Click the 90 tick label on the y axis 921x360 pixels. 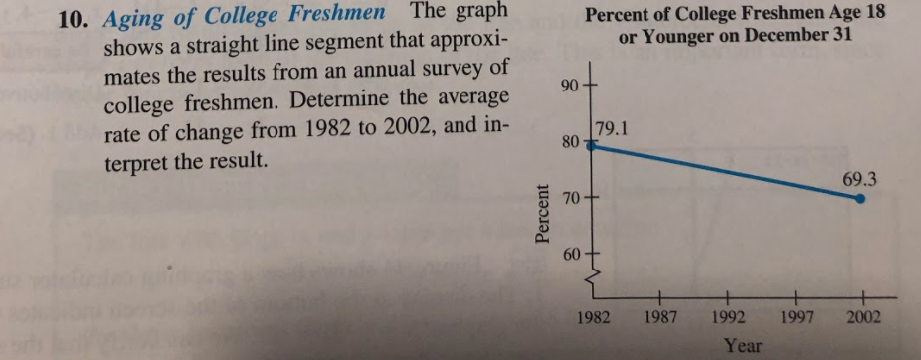[x=570, y=86]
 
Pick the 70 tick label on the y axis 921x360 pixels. [x=570, y=201]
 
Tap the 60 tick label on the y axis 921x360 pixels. [x=570, y=257]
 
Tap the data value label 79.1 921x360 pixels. [x=610, y=128]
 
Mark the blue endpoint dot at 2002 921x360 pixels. [x=861, y=198]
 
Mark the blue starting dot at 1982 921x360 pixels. [x=590, y=144]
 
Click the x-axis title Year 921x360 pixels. [x=743, y=345]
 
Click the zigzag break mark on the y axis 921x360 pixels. [x=591, y=284]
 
